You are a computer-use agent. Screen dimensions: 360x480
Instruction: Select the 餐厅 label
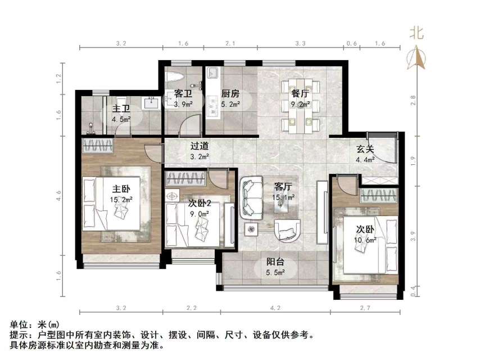pos(299,94)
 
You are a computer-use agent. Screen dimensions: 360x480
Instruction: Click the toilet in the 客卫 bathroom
pos(173,79)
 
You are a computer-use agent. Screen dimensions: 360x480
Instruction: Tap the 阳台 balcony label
pos(275,262)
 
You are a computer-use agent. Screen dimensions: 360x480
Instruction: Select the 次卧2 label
pos(199,204)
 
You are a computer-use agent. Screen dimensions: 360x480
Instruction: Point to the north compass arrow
pos(416,57)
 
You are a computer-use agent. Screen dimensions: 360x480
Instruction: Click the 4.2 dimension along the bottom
pos(275,309)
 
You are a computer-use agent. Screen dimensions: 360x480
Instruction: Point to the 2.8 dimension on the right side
pos(413,101)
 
